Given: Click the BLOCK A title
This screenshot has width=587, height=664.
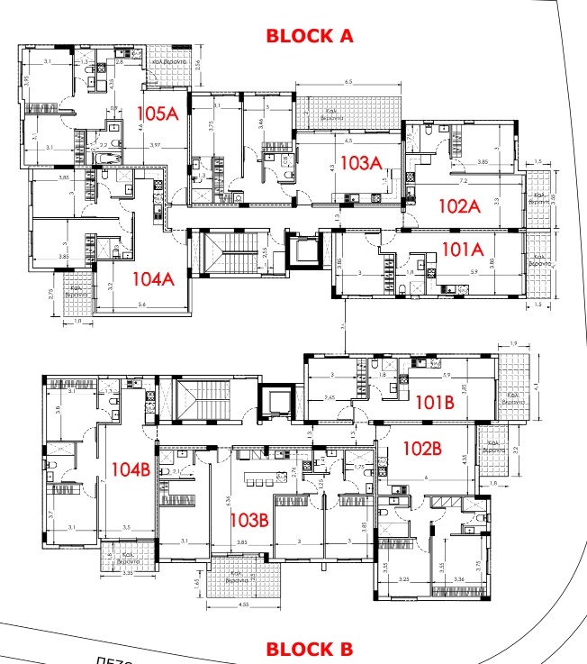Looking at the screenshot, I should [309, 36].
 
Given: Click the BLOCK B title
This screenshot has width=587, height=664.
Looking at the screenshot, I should [309, 649].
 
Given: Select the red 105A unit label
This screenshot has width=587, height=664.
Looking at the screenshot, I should [159, 114].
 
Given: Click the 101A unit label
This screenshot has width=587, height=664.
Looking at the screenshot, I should [463, 247].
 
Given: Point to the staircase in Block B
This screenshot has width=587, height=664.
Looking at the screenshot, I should [203, 400].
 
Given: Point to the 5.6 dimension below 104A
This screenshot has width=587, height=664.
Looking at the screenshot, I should [142, 305].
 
